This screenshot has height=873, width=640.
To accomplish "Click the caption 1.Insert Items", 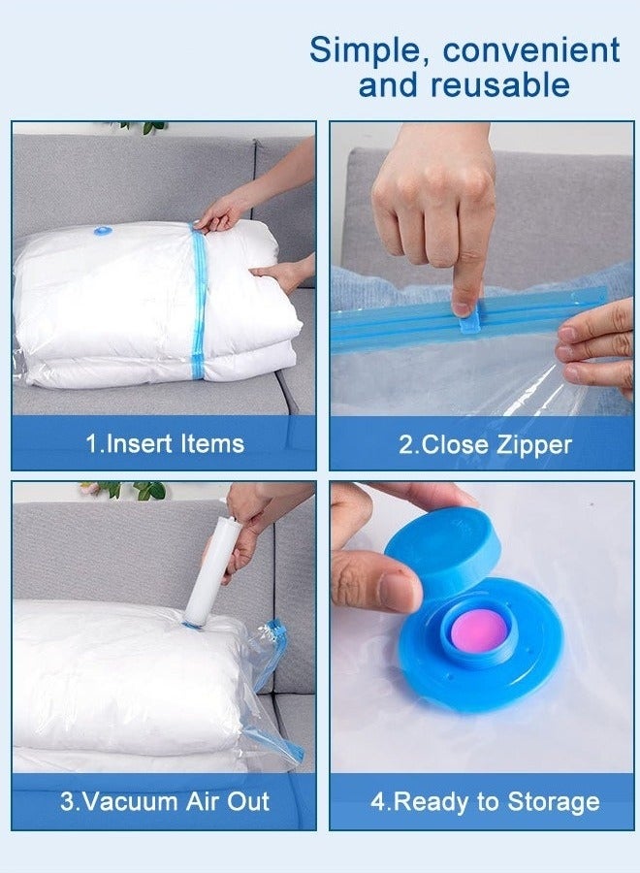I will [x=165, y=444].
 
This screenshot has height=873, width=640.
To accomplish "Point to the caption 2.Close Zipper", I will [x=486, y=445].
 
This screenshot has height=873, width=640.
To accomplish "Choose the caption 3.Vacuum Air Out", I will [x=165, y=802].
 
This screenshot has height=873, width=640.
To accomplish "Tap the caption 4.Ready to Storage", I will [x=486, y=802].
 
